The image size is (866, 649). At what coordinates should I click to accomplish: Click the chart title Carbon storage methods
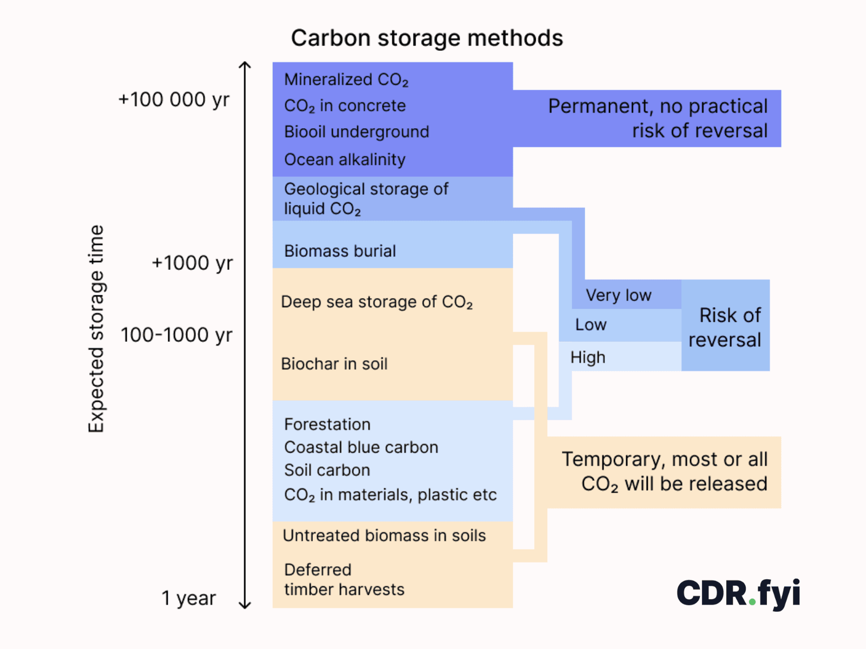(427, 38)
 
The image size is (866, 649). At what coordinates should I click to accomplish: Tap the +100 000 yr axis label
(174, 100)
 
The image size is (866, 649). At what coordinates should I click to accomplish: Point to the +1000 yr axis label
(192, 263)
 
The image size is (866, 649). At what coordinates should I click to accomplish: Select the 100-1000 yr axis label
(176, 335)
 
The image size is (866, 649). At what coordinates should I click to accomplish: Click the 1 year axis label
(188, 598)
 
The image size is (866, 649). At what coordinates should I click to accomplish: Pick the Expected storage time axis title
(96, 329)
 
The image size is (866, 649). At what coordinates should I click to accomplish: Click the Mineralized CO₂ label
(346, 80)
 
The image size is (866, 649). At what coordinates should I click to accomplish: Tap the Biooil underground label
(356, 131)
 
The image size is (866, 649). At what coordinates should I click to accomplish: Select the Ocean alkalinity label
(345, 160)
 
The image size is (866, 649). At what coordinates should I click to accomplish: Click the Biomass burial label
(340, 251)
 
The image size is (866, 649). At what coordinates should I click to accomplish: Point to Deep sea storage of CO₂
(377, 302)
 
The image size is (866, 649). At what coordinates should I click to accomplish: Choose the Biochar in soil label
(334, 363)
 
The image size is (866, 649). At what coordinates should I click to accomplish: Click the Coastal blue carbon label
(361, 447)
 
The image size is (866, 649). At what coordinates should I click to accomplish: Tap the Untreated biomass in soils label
(384, 535)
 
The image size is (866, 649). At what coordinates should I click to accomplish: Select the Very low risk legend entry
(618, 295)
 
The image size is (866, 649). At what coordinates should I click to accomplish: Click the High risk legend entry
(587, 357)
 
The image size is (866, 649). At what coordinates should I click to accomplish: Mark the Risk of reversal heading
(725, 327)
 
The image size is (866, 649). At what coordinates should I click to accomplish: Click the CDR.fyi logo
(738, 594)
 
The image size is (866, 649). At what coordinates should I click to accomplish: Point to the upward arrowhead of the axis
(245, 64)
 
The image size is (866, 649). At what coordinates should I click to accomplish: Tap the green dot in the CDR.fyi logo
(752, 602)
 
